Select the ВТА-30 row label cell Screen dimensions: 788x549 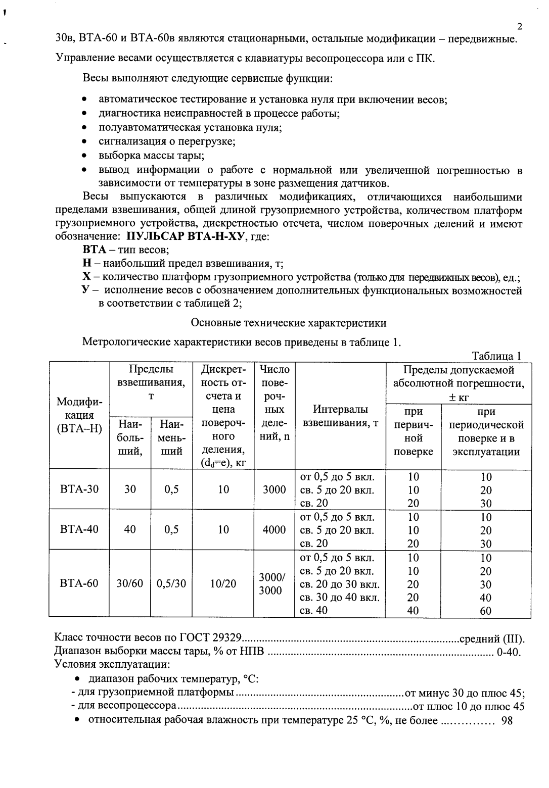tap(79, 489)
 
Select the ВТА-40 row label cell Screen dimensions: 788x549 tap(79, 529)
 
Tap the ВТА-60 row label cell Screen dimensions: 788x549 tap(79, 583)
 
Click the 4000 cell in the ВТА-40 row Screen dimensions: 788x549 tap(274, 529)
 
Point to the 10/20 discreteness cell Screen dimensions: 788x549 tap(223, 583)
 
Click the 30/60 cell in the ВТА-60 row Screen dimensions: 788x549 tap(130, 583)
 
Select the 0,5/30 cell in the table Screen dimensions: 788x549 tap(171, 583)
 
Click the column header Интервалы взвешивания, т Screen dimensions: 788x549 tap(340, 416)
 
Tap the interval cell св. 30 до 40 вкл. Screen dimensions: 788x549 tap(340, 597)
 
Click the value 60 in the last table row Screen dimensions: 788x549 tap(485, 610)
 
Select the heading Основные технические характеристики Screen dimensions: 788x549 tap(289, 322)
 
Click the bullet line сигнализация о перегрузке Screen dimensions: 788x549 tap(167, 141)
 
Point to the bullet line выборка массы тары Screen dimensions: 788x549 tap(151, 155)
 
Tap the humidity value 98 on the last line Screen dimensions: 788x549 tap(507, 720)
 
